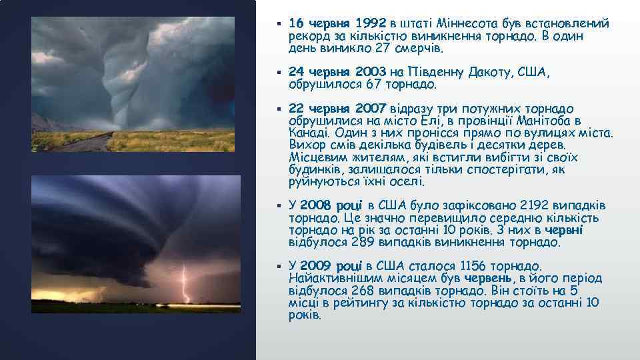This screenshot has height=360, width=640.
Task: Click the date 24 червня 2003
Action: point(338,72)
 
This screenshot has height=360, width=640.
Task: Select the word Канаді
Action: point(307,133)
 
